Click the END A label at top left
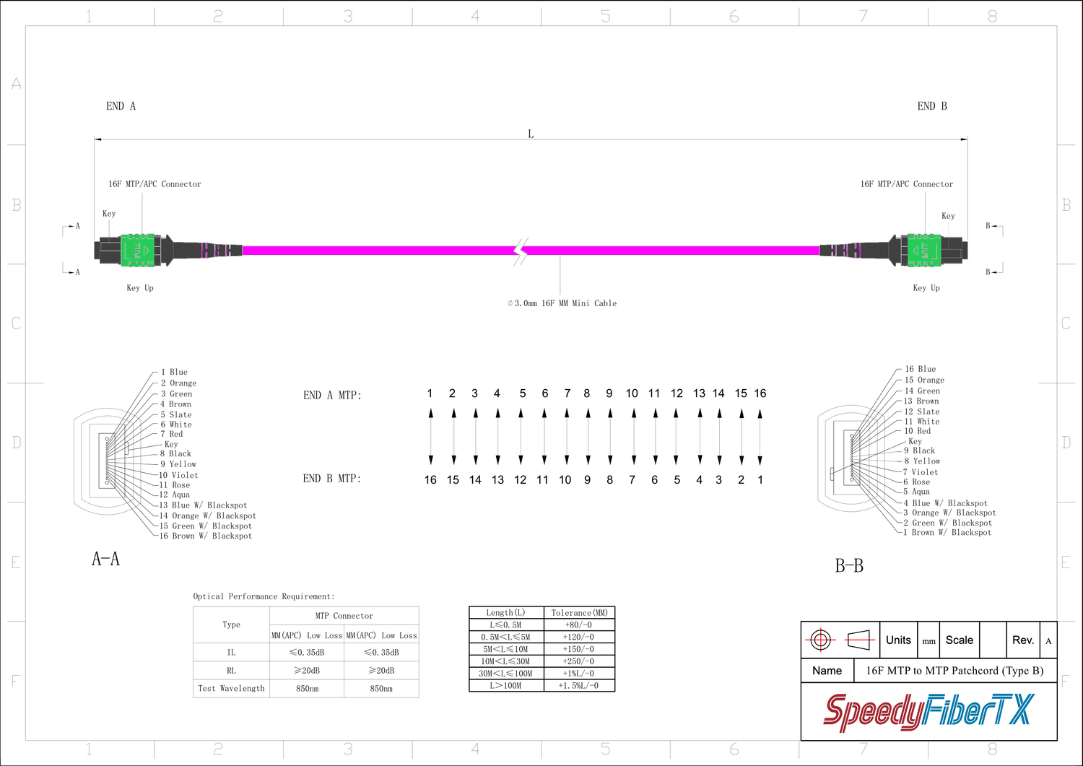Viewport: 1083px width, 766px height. pyautogui.click(x=121, y=106)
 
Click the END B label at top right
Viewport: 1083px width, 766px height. pyautogui.click(x=932, y=106)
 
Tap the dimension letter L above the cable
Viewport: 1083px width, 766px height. pyautogui.click(x=531, y=134)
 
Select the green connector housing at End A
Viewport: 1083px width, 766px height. pyautogui.click(x=138, y=250)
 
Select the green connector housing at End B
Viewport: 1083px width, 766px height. pyautogui.click(x=924, y=250)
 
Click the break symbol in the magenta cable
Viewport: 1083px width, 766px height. pyautogui.click(x=521, y=251)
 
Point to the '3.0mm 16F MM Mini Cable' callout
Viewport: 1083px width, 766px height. pyautogui.click(x=562, y=303)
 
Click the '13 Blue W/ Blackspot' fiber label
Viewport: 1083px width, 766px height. pyautogui.click(x=203, y=505)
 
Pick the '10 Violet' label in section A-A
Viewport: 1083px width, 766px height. pyautogui.click(x=178, y=475)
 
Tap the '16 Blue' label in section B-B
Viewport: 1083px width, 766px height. pyautogui.click(x=921, y=369)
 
